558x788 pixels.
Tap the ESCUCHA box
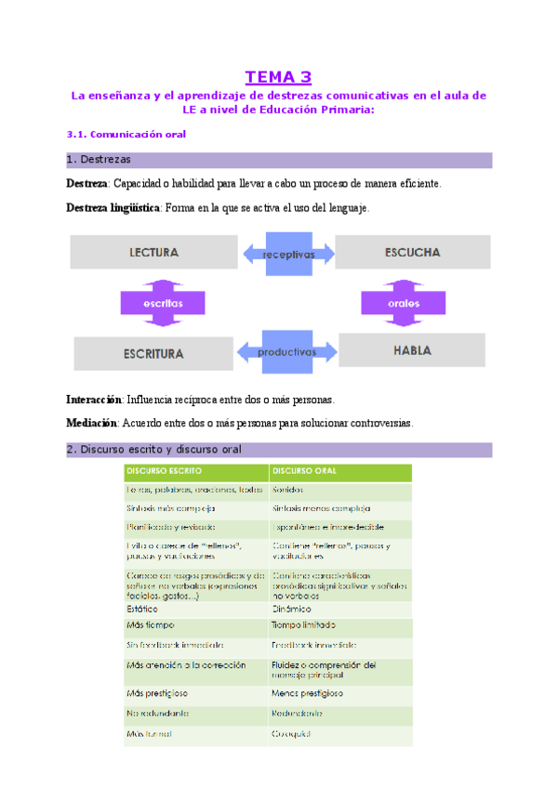pyautogui.click(x=412, y=252)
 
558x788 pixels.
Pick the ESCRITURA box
pyautogui.click(x=153, y=353)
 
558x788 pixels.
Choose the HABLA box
pyautogui.click(x=413, y=350)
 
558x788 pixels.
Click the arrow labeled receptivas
pyautogui.click(x=288, y=253)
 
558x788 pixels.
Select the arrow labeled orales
pyautogui.click(x=404, y=303)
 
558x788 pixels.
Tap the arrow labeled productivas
pyautogui.click(x=287, y=351)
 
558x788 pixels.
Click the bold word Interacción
pyautogui.click(x=94, y=400)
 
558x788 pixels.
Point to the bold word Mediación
pyautogui.click(x=91, y=423)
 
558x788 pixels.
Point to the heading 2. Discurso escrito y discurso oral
pyautogui.click(x=154, y=450)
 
